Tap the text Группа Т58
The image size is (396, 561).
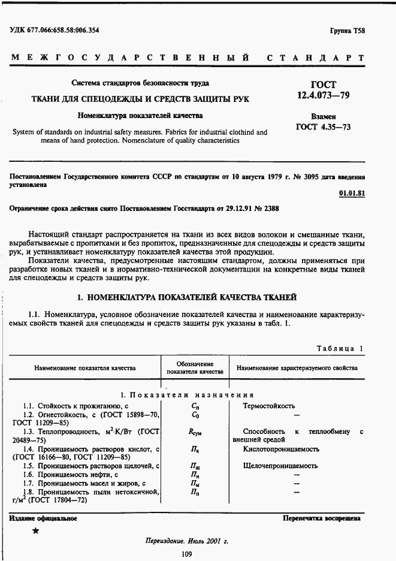click(x=347, y=30)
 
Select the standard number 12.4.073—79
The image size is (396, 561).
click(x=324, y=95)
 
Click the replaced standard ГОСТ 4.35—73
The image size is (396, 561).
click(x=324, y=127)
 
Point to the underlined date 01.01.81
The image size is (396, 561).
click(x=352, y=193)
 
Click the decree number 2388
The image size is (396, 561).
click(x=267, y=209)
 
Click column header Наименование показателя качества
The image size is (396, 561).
click(x=85, y=368)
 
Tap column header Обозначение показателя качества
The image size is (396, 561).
click(x=195, y=368)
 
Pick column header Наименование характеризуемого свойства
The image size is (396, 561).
click(x=297, y=368)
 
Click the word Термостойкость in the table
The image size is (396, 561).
click(x=268, y=406)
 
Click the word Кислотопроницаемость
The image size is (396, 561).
click(x=280, y=449)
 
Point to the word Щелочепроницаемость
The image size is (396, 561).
click(x=280, y=466)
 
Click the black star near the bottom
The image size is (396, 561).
click(x=35, y=531)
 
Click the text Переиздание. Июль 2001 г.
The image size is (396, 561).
click(x=187, y=541)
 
